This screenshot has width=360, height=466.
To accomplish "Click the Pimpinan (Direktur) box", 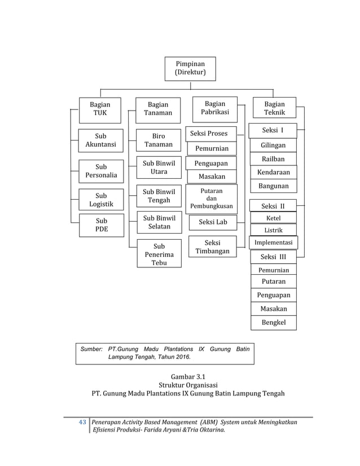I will pos(190,69).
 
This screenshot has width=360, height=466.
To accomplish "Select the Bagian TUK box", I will pos(102,109).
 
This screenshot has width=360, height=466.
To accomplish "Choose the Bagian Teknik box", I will pos(274,109).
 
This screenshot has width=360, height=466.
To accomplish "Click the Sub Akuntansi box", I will pos(101,140).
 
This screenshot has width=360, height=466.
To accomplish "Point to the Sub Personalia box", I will pos(101,172).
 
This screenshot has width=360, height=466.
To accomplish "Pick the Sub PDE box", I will pos(101,225).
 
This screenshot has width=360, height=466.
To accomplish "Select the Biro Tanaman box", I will pos(159,140).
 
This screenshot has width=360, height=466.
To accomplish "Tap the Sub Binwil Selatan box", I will pos(159,222).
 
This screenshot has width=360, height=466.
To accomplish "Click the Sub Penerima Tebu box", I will pos(159,254).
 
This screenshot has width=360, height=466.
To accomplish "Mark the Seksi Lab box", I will pos(212,222).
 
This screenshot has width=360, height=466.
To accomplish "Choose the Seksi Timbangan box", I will pos(212,247).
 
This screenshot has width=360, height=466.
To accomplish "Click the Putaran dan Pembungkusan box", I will pos(212,199).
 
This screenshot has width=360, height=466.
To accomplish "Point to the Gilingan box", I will pos(273,146).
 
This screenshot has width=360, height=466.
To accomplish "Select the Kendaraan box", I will pos(273,172).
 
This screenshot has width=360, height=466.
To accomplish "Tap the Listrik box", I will pos(273,231).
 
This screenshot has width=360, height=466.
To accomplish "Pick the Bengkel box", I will pos(273,323).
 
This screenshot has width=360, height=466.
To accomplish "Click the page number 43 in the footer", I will pos(82,422).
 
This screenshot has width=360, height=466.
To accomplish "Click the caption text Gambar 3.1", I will pos(180,376).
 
